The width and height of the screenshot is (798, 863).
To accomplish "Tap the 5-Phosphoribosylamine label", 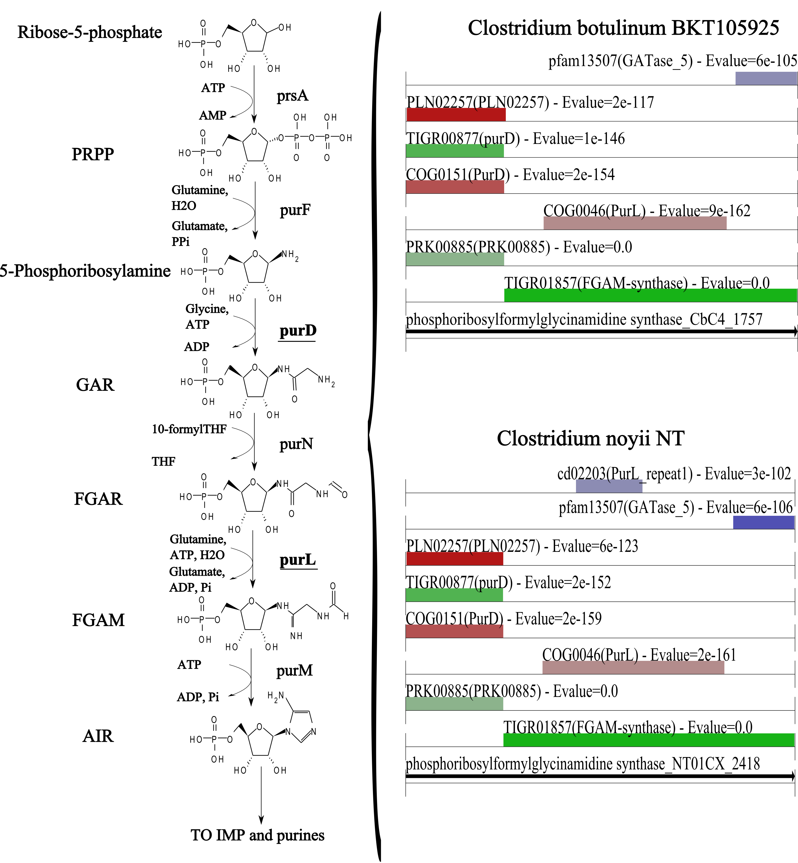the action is [x=85, y=271].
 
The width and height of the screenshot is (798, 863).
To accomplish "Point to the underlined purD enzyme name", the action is [x=298, y=331].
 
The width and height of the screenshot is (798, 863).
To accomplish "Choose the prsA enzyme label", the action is [x=293, y=95].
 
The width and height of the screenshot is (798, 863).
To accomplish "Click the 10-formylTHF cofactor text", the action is [x=189, y=429].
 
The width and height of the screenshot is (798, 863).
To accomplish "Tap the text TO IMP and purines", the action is [x=257, y=835].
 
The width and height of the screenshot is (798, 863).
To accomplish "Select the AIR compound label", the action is [x=98, y=736].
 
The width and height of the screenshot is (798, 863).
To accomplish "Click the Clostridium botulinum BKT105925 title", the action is [x=623, y=28].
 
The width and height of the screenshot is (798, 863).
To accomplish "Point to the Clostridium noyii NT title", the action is [x=591, y=439].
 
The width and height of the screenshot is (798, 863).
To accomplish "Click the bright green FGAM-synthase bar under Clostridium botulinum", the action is [x=650, y=295].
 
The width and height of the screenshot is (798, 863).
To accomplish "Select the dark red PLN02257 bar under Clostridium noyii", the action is [x=455, y=559].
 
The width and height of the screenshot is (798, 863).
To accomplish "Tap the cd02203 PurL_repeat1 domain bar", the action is [x=609, y=486].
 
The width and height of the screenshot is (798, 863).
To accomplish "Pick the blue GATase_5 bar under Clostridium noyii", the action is [x=764, y=522].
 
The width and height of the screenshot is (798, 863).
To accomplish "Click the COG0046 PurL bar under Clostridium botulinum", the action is [x=635, y=223].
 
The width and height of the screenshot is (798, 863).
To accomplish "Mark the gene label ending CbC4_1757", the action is [x=584, y=320].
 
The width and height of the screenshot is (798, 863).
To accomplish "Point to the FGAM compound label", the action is [x=98, y=620].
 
